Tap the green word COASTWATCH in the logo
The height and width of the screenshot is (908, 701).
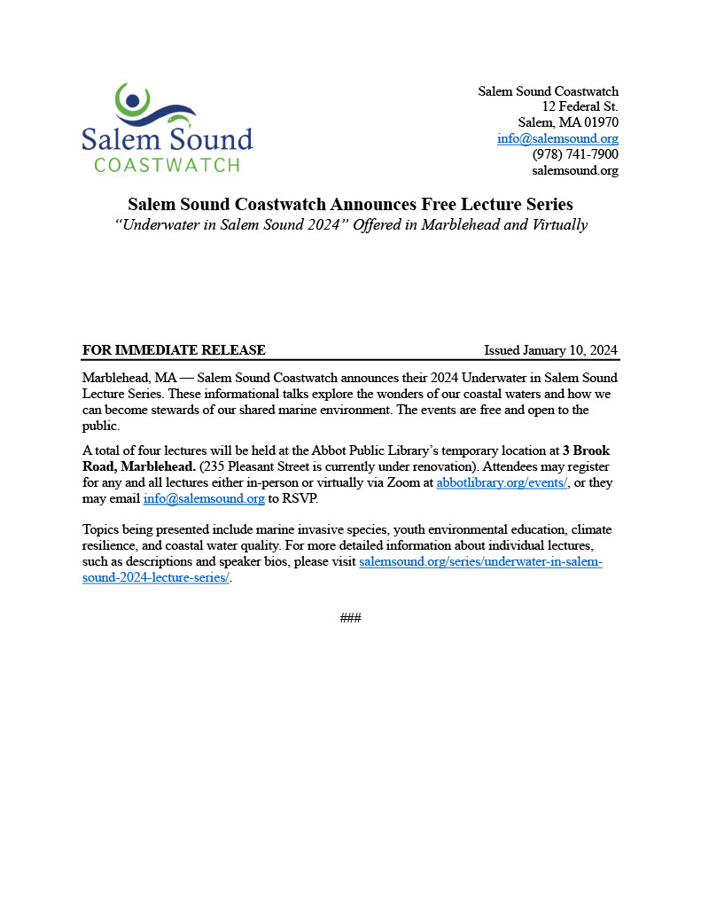(167, 165)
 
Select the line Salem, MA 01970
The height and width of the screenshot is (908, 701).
(568, 122)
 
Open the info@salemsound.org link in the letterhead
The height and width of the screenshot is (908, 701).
(557, 138)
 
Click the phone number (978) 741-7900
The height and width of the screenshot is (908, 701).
(574, 154)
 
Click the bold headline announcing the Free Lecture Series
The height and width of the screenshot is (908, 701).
(350, 204)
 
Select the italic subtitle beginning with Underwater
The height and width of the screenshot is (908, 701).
(350, 224)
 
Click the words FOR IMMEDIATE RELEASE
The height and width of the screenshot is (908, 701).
(174, 349)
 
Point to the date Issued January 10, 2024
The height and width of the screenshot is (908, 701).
(550, 349)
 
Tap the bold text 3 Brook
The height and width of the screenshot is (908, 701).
(586, 450)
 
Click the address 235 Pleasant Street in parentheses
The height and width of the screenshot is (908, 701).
(259, 466)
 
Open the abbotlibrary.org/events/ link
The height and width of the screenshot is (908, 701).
(502, 482)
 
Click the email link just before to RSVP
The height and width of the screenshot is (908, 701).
(204, 498)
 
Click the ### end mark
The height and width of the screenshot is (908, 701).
(350, 617)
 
